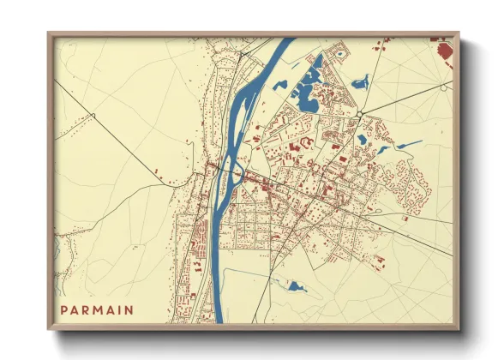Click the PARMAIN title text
pos(96,309)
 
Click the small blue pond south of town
pos(297,286)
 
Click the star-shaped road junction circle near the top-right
pos(442,87)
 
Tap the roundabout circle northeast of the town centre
pos(361,113)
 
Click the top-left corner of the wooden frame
pos(50,34)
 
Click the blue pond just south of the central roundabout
pos(363,138)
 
